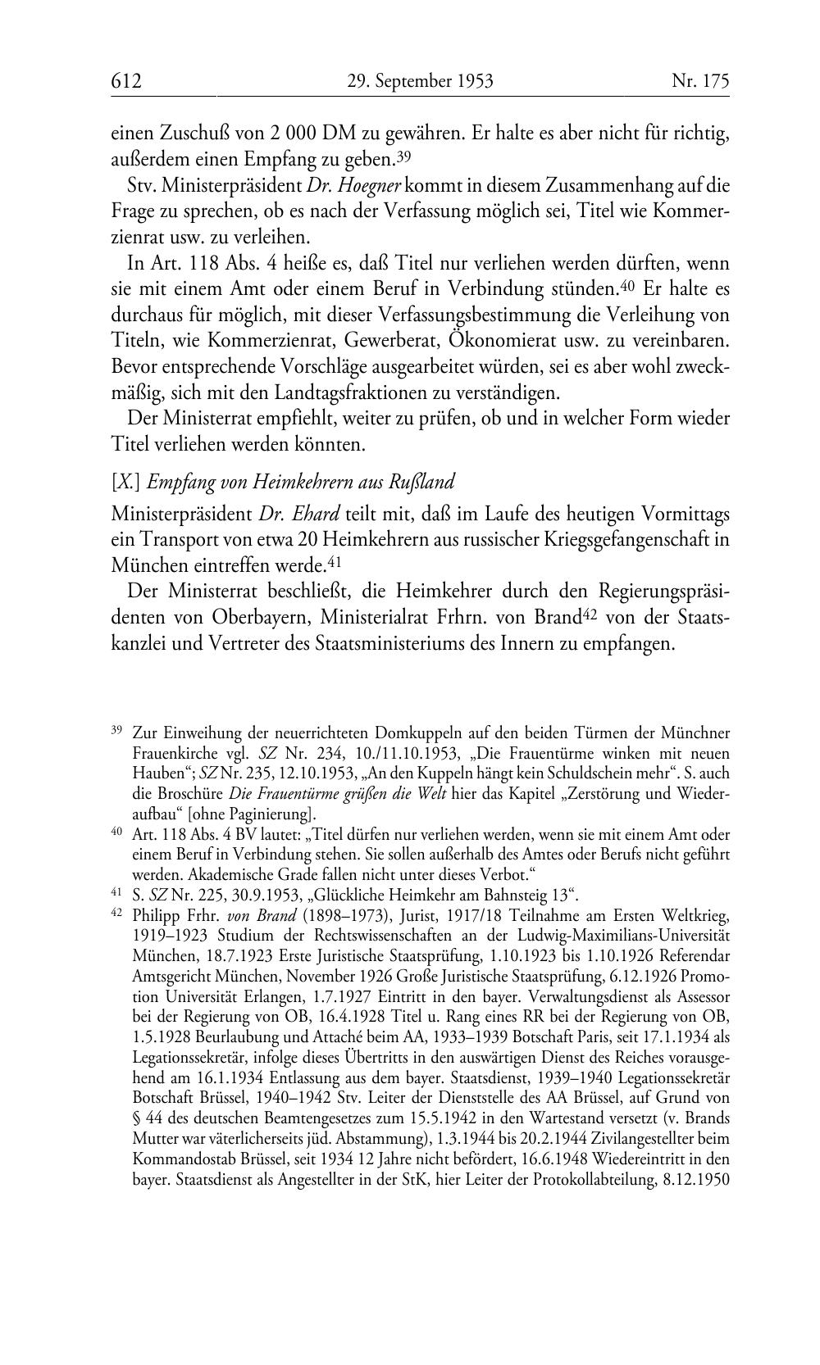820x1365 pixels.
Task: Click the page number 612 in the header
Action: point(127,81)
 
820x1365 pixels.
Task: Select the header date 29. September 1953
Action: point(419,81)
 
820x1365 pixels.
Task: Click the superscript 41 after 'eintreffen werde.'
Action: point(334,562)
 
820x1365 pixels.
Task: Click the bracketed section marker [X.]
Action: point(125,481)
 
